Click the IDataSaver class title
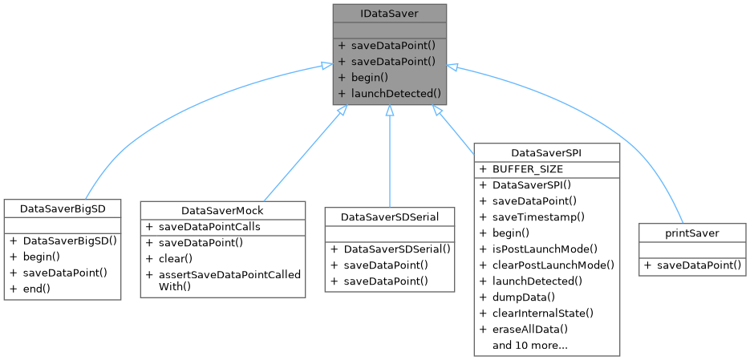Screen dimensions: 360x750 click(389, 13)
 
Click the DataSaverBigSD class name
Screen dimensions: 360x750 click(63, 208)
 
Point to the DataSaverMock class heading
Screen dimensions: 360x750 click(223, 210)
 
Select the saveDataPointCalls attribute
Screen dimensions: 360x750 click(209, 227)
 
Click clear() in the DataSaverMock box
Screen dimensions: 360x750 click(176, 259)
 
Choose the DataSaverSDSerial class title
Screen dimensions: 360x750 click(389, 216)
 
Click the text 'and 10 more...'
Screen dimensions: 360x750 click(530, 345)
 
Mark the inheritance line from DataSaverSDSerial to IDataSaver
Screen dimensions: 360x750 click(389, 160)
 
